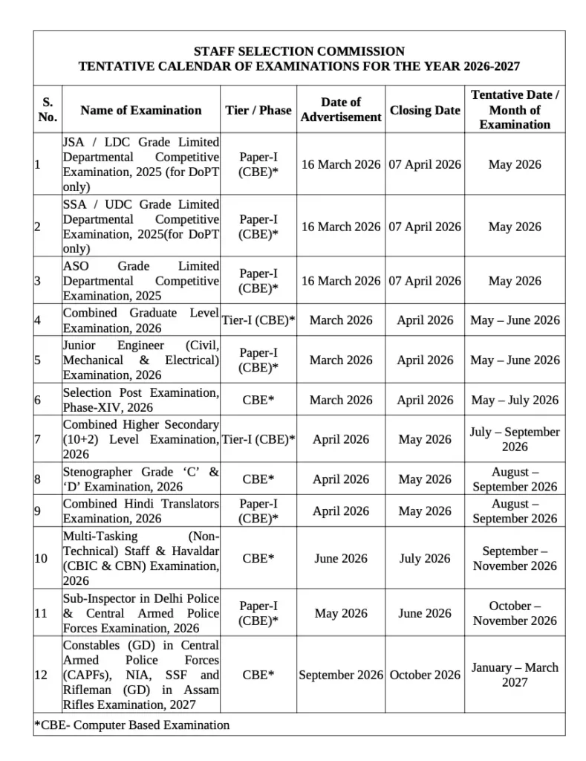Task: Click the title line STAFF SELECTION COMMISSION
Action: (x=299, y=51)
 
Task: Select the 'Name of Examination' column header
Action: (x=141, y=110)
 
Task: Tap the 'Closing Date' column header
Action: (x=425, y=110)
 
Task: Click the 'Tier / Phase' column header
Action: (x=258, y=110)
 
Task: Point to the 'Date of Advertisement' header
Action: (x=340, y=109)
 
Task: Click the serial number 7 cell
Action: (x=37, y=439)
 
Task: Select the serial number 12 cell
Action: (x=42, y=675)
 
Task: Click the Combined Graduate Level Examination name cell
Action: (x=141, y=320)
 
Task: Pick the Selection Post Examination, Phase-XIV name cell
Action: (x=141, y=400)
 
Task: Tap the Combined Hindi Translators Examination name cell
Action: (x=141, y=511)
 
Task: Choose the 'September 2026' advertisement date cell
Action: (x=341, y=675)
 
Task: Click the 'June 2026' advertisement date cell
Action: (x=341, y=558)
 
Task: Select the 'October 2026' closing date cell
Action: (x=425, y=675)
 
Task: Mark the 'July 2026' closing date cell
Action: (x=425, y=558)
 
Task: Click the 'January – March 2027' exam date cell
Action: (x=515, y=675)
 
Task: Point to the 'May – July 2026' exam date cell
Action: (x=515, y=400)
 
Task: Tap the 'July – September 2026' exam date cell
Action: (x=515, y=439)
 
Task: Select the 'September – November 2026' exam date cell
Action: (x=515, y=558)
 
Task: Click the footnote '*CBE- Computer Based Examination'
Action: (x=132, y=725)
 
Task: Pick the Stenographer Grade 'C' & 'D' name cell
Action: (x=141, y=479)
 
